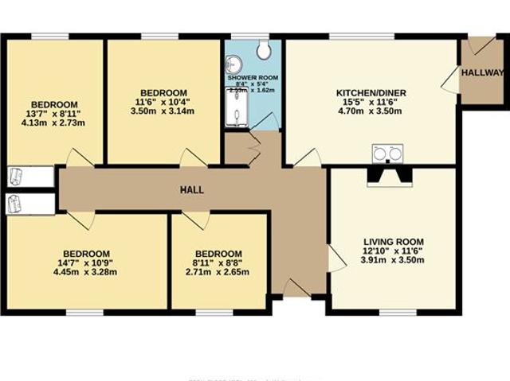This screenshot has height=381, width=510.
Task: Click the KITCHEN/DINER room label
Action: (x=371, y=93)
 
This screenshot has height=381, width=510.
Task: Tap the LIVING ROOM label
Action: (x=393, y=242)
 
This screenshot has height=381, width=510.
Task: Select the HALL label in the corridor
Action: (x=191, y=190)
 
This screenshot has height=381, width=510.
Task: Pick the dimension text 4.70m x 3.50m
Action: (x=371, y=112)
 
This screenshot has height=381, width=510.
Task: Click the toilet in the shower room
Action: (x=264, y=50)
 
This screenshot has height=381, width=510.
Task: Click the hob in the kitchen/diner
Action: (x=388, y=152)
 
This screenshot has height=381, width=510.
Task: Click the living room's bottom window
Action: (x=398, y=312)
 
